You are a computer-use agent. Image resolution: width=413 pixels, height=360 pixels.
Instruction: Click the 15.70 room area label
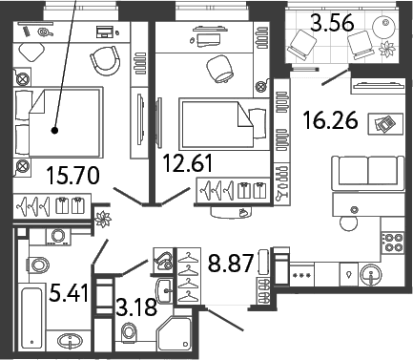click(x=72, y=176)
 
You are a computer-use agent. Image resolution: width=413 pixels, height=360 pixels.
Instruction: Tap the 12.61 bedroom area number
click(x=187, y=162)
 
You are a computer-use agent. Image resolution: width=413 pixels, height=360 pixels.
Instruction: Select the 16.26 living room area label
click(x=330, y=120)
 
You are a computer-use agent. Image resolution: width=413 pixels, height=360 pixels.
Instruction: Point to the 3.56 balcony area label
click(x=332, y=22)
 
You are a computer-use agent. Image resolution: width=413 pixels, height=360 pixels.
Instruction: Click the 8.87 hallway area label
click(x=231, y=263)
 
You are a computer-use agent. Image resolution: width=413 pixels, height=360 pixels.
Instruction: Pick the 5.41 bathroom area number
click(x=69, y=293)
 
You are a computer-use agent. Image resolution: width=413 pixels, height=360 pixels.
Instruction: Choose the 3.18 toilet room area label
click(x=136, y=307)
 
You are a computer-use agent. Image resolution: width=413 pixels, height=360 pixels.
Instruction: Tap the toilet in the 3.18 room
click(x=129, y=331)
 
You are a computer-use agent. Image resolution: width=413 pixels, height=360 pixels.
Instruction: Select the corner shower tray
click(x=175, y=334)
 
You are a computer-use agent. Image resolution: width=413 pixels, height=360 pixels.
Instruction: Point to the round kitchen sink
click(x=371, y=274)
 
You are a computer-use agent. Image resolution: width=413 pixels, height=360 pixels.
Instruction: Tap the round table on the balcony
click(x=384, y=26)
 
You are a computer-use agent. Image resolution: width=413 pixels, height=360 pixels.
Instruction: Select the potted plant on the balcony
click(x=388, y=50)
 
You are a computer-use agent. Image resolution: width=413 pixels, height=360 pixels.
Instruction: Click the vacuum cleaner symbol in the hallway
click(x=163, y=260)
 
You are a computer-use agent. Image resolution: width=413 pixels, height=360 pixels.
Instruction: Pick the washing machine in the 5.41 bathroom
click(x=58, y=237)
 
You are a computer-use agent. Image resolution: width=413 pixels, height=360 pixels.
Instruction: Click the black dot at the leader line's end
click(x=55, y=130)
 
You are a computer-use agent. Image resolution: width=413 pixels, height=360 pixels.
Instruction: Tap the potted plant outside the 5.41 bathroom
click(x=103, y=220)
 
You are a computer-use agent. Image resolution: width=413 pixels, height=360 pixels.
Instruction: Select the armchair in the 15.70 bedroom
click(x=105, y=60)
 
